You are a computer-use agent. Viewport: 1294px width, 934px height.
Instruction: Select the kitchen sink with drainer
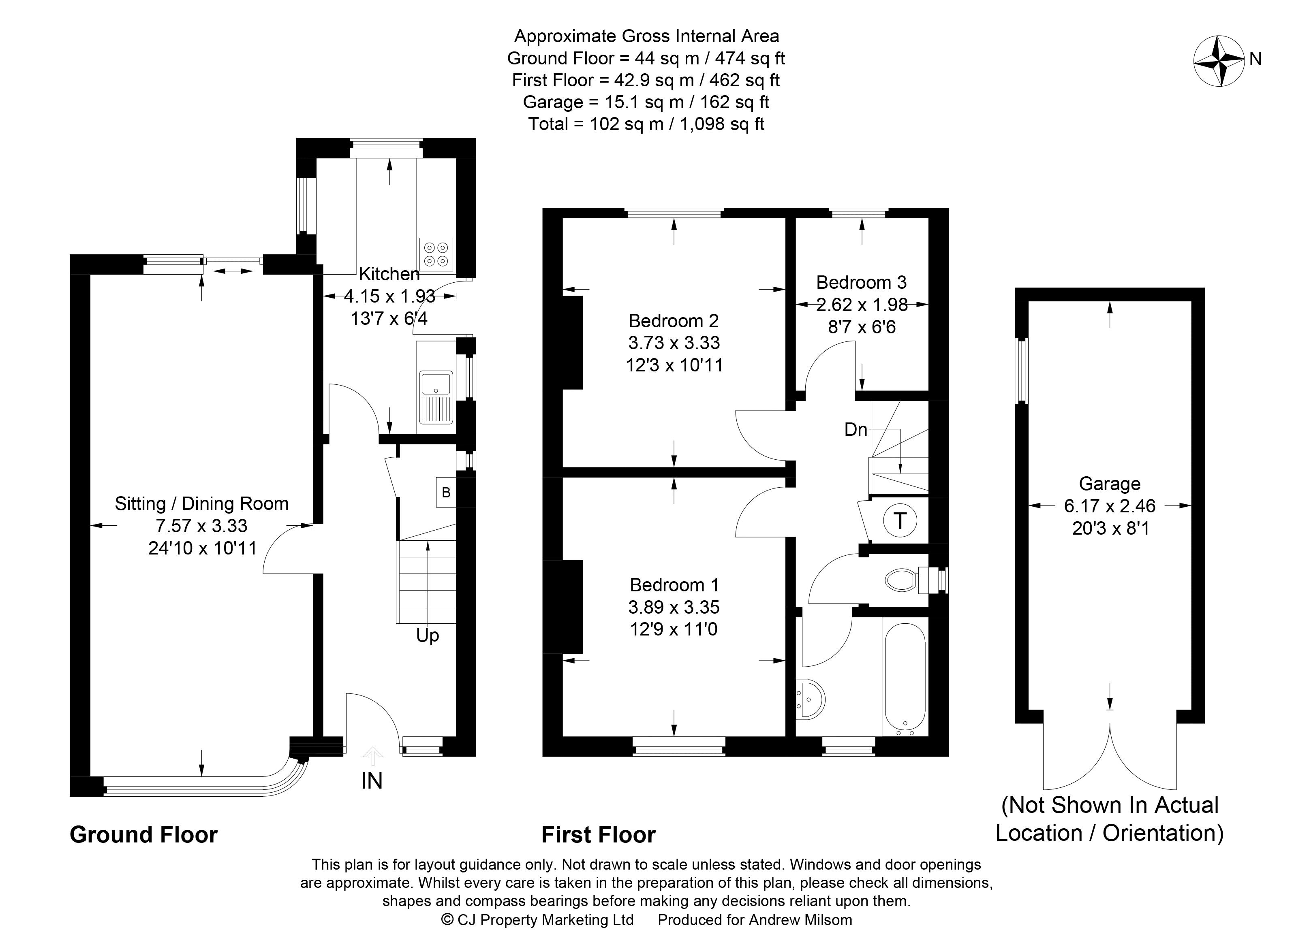click(x=436, y=397)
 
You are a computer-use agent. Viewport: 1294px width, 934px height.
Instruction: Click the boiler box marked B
click(x=446, y=492)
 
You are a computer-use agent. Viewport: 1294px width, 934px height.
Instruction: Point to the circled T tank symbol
click(x=900, y=520)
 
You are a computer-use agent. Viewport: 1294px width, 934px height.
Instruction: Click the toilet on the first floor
click(x=907, y=580)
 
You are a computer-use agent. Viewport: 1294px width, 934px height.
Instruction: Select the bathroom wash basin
click(x=810, y=698)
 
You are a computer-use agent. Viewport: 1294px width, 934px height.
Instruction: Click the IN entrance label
click(x=372, y=780)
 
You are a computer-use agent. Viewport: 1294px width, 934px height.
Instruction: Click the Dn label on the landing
click(x=856, y=429)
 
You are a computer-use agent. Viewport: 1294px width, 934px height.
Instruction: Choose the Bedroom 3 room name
click(x=862, y=282)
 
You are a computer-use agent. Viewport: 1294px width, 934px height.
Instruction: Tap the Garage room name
click(x=1110, y=484)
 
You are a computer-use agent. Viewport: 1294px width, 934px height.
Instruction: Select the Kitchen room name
click(x=389, y=274)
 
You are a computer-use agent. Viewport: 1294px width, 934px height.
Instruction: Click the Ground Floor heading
click(x=144, y=835)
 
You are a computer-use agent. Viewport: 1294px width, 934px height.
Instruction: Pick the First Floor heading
click(x=599, y=835)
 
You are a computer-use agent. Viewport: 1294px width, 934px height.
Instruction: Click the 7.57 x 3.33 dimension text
click(x=202, y=525)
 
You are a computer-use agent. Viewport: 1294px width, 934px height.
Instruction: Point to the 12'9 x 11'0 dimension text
click(x=674, y=629)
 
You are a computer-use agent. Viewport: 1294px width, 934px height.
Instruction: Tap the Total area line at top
click(x=646, y=124)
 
